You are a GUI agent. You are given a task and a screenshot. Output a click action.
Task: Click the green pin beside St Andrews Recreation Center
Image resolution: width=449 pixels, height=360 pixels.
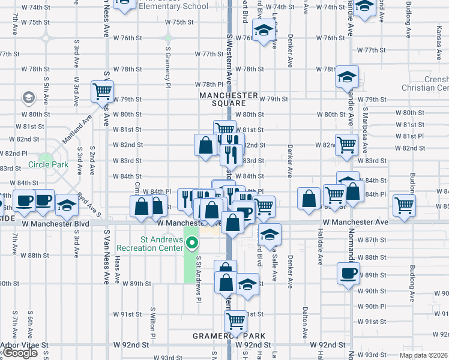pyautogui.click(x=192, y=243)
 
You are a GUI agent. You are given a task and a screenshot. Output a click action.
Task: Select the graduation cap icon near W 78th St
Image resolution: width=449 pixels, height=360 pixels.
pyautogui.click(x=347, y=77)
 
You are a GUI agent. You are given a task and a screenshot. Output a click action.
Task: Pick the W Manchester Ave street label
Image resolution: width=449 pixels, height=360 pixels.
pyautogui.click(x=355, y=222)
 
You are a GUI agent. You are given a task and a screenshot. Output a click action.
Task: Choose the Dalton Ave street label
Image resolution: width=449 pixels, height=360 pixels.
pyautogui.click(x=305, y=324)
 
